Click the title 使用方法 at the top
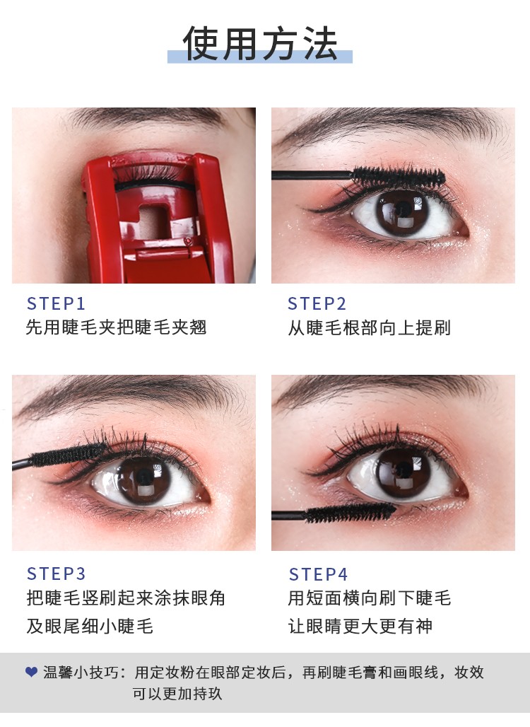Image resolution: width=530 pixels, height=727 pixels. click(x=260, y=43)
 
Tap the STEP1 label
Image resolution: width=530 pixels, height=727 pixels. click(x=56, y=303)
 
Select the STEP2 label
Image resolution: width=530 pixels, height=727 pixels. click(x=317, y=303)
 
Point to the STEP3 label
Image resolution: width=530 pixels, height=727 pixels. click(x=56, y=574)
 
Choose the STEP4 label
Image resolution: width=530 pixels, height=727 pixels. click(x=318, y=574)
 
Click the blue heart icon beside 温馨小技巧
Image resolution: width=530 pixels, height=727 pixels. click(x=32, y=672)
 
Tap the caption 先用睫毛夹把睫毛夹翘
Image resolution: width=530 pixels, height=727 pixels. click(x=116, y=327)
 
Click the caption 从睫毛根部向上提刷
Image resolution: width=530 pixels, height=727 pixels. click(x=369, y=328)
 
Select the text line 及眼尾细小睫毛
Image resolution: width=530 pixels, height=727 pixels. click(x=90, y=627)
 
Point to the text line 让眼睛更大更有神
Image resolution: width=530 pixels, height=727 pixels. click(x=360, y=627)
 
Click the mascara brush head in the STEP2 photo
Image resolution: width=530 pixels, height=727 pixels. click(x=399, y=176)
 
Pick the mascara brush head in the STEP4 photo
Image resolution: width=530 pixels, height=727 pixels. click(x=351, y=513)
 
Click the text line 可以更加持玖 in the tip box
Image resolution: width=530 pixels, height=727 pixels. click(x=177, y=694)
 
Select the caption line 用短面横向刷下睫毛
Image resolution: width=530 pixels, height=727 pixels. click(x=370, y=598)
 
